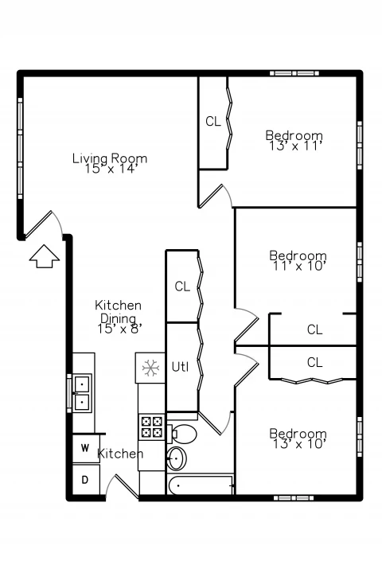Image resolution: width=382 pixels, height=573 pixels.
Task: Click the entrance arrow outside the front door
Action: pos(45,256)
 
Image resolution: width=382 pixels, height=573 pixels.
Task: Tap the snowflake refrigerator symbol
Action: pos(150,368)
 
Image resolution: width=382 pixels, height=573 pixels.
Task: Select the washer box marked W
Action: pos(85,448)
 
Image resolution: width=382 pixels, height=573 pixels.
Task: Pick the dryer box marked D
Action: pos(85,479)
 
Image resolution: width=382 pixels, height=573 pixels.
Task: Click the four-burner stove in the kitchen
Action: pos(151,427)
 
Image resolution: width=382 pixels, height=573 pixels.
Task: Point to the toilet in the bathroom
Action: pos(182,434)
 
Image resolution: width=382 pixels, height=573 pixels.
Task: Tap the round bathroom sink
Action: pos(177,458)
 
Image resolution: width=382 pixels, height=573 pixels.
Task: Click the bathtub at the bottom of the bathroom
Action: pos(201,485)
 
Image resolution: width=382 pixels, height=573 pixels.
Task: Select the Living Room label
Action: pos(110,158)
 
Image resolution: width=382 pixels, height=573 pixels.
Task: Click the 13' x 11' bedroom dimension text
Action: pos(296,146)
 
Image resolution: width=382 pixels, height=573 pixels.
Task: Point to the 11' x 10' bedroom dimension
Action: pos(299,266)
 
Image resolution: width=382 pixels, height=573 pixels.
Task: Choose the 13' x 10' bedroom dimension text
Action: pos(299,444)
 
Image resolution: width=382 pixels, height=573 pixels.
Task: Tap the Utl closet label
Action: pos(180,367)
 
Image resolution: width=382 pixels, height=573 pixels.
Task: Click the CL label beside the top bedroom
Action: pos(213,121)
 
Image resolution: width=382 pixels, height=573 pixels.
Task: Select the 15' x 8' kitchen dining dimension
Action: pos(119,329)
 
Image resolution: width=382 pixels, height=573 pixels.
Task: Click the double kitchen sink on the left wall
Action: pos(82,393)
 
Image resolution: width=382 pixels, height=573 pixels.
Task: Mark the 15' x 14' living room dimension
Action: pos(111,169)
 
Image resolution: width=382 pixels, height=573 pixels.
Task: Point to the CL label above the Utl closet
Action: pos(182,286)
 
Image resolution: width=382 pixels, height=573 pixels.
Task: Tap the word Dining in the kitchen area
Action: pos(118,318)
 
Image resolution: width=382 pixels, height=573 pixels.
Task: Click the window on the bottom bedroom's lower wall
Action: pos(294,497)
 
